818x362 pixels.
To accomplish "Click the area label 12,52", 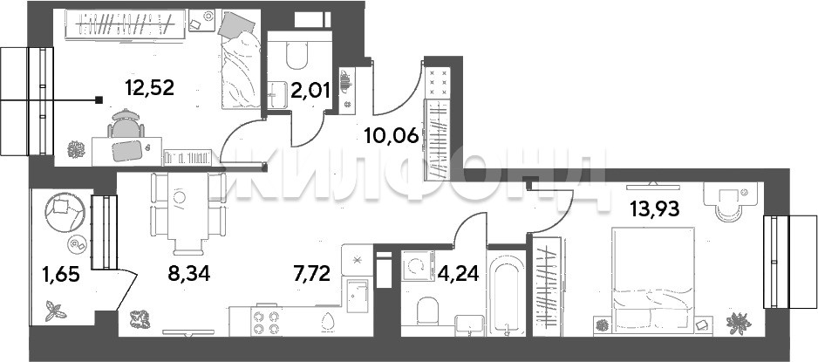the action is (149, 87).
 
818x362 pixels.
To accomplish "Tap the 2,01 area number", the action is (310, 92).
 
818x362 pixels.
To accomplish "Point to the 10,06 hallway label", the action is (392, 137).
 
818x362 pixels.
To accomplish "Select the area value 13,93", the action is (655, 209).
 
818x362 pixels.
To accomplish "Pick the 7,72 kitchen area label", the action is (312, 273).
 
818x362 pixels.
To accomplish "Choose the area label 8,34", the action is (189, 273).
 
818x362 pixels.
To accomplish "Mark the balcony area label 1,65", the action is (60, 273).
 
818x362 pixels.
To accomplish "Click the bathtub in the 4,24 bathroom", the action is (506, 291).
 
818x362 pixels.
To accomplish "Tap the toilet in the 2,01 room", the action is (297, 55).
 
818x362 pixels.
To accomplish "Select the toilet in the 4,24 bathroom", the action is (429, 311).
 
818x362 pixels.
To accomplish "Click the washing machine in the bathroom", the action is (419, 265).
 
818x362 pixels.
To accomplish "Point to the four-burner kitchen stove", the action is (265, 322).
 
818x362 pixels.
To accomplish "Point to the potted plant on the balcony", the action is (55, 311).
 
